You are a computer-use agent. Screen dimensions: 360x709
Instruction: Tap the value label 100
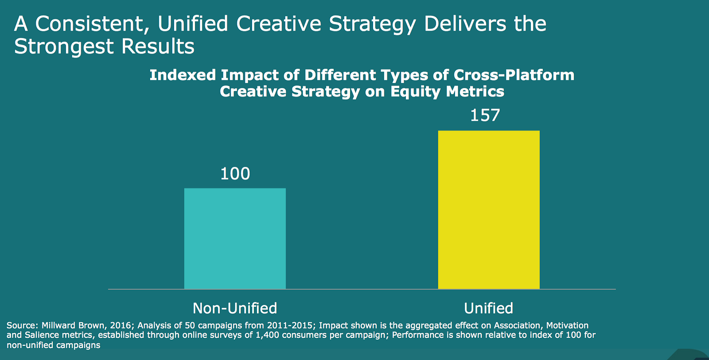(x=235, y=174)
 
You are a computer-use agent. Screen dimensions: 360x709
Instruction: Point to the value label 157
(x=485, y=116)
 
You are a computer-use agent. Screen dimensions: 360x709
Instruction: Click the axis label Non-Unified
(x=235, y=308)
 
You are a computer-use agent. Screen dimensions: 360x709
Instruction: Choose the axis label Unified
(x=488, y=308)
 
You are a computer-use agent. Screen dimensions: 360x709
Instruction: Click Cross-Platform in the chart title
(x=514, y=75)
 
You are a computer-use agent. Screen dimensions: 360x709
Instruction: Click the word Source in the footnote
(x=21, y=325)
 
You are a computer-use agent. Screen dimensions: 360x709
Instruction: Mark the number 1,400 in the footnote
(x=267, y=335)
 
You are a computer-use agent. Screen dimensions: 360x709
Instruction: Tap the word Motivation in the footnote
(x=567, y=325)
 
